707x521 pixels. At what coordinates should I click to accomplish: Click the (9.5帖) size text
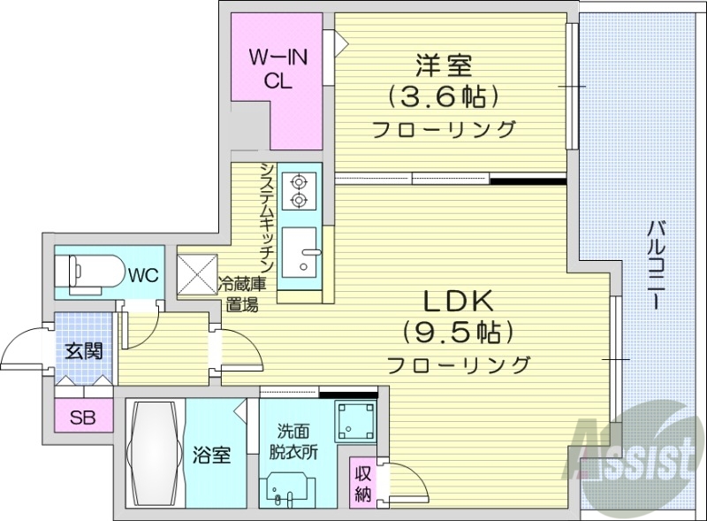(x=457, y=333)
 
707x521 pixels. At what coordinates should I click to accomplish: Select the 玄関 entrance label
(x=83, y=350)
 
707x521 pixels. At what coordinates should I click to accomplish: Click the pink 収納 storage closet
(x=361, y=482)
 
